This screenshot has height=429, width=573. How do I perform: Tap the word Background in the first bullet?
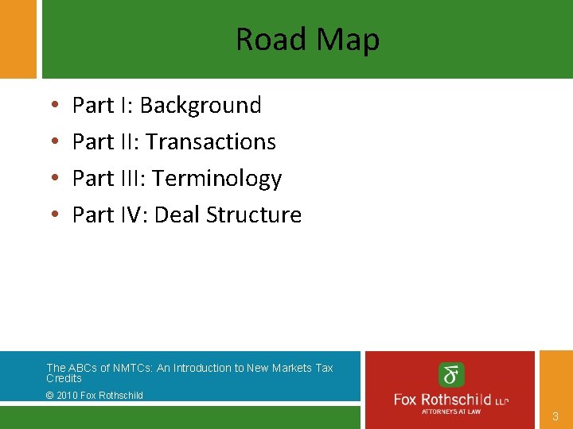point(201,105)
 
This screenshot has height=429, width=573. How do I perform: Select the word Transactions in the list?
point(211,141)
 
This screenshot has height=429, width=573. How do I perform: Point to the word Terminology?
point(217,179)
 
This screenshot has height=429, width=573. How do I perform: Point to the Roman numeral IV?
point(133,214)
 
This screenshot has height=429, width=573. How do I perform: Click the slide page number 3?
point(555,415)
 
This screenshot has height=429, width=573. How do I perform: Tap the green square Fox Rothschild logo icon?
point(452,374)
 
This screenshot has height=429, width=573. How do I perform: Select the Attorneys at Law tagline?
point(451,412)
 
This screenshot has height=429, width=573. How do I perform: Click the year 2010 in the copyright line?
point(69,395)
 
